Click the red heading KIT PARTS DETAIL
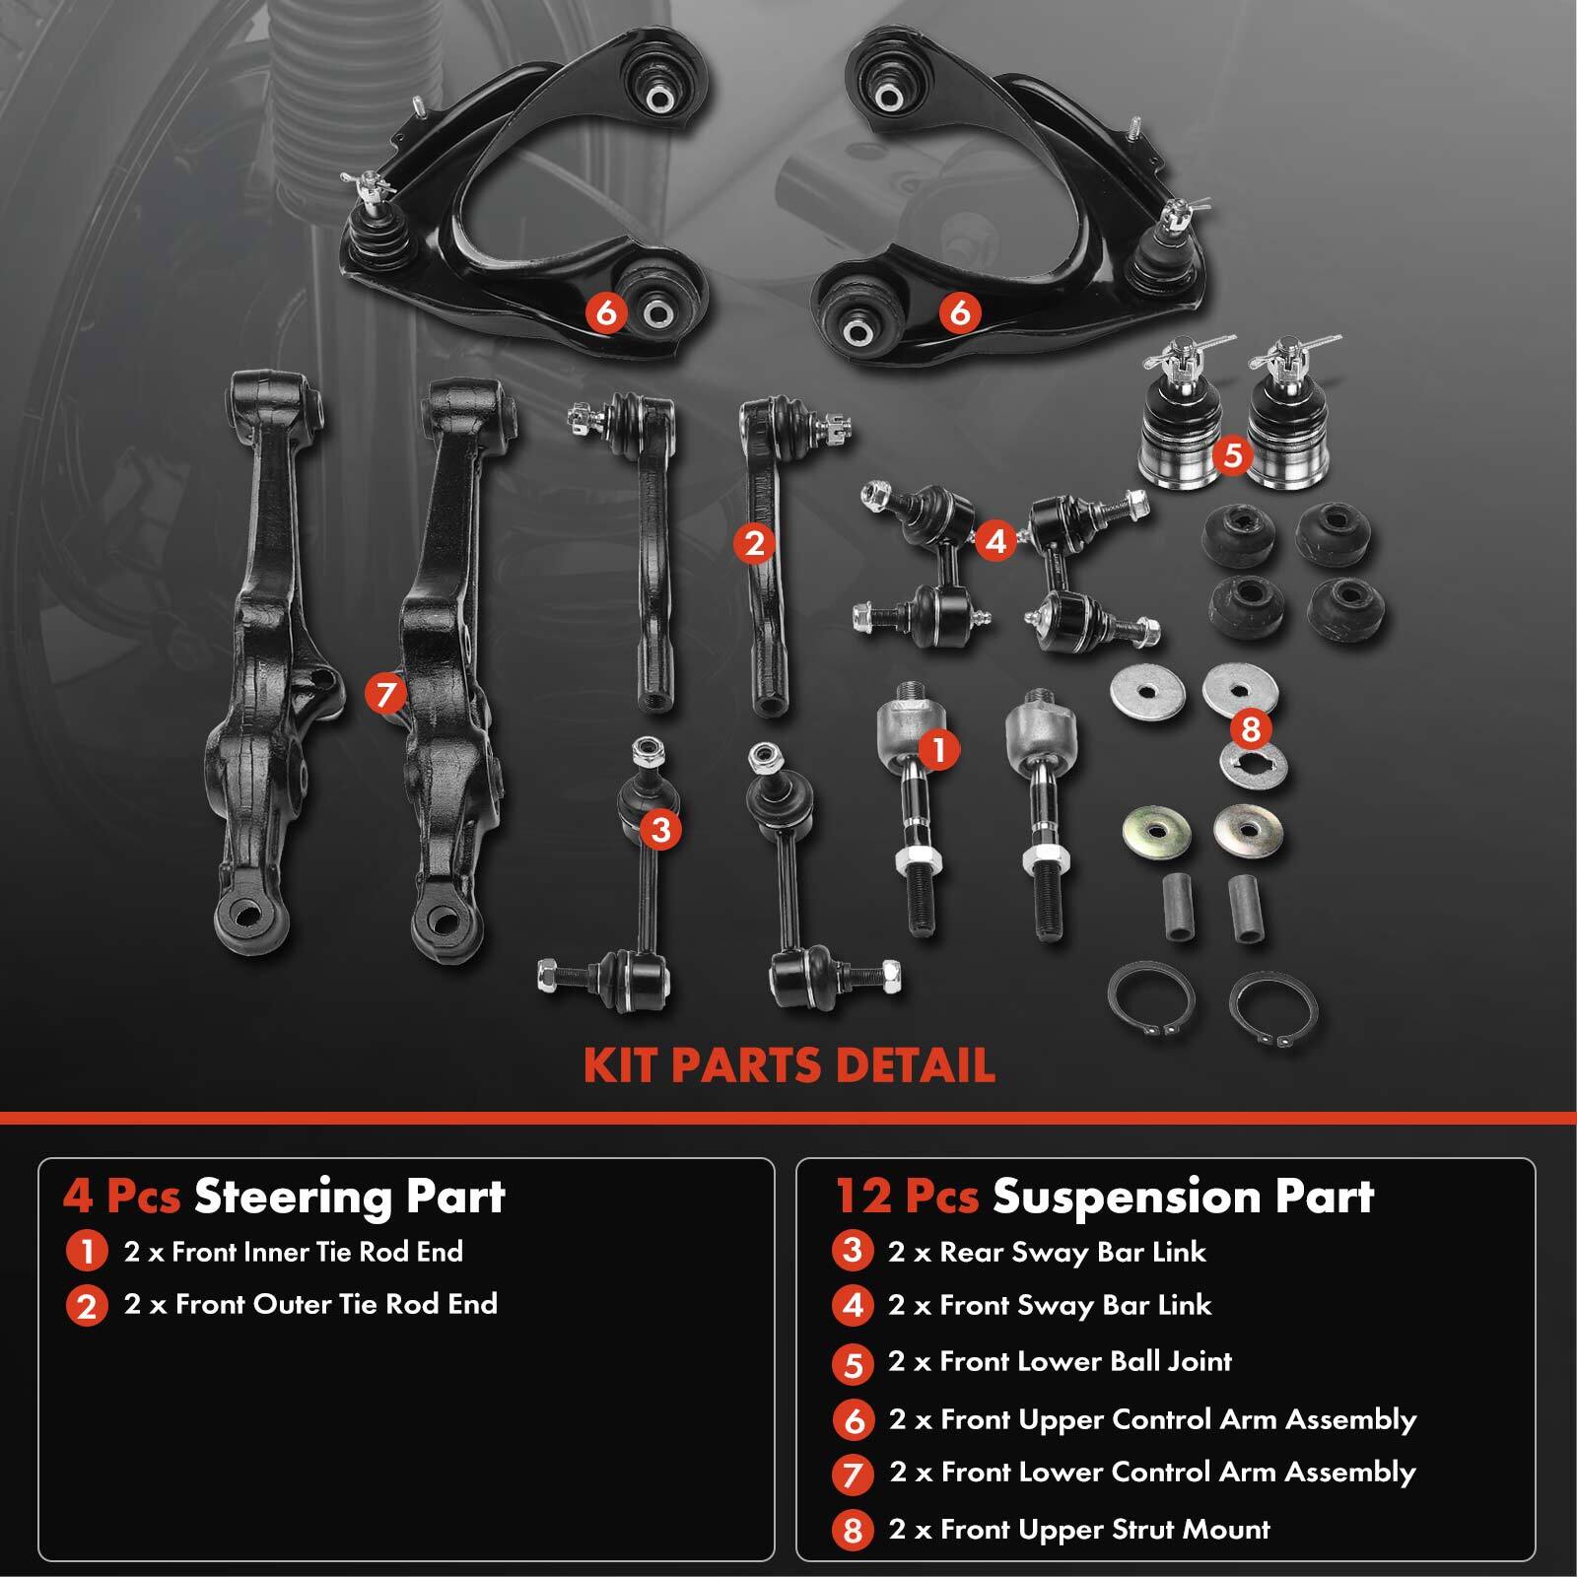pyautogui.click(x=788, y=1065)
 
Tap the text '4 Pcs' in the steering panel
pyautogui.click(x=121, y=1197)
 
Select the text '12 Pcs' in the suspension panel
pyautogui.click(x=907, y=1197)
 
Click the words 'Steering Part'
pyautogui.click(x=349, y=1197)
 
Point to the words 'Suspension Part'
pyautogui.click(x=1183, y=1197)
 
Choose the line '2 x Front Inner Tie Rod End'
pyautogui.click(x=293, y=1252)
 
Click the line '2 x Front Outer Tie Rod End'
pyautogui.click(x=310, y=1304)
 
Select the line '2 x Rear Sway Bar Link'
pyautogui.click(x=1047, y=1252)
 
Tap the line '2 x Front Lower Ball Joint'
pyautogui.click(x=1060, y=1361)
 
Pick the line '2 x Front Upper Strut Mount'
pyautogui.click(x=1079, y=1529)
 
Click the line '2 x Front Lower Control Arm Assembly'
pyautogui.click(x=1152, y=1472)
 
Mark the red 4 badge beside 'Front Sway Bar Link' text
pyautogui.click(x=853, y=1306)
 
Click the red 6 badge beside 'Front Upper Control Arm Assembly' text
pyautogui.click(x=853, y=1420)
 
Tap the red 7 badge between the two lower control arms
pyautogui.click(x=385, y=694)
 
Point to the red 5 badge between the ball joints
pyautogui.click(x=1232, y=455)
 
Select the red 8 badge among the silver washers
pyautogui.click(x=1251, y=729)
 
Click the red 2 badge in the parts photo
pyautogui.click(x=755, y=543)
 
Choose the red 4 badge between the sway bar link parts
pyautogui.click(x=995, y=541)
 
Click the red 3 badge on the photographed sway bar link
pyautogui.click(x=660, y=830)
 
